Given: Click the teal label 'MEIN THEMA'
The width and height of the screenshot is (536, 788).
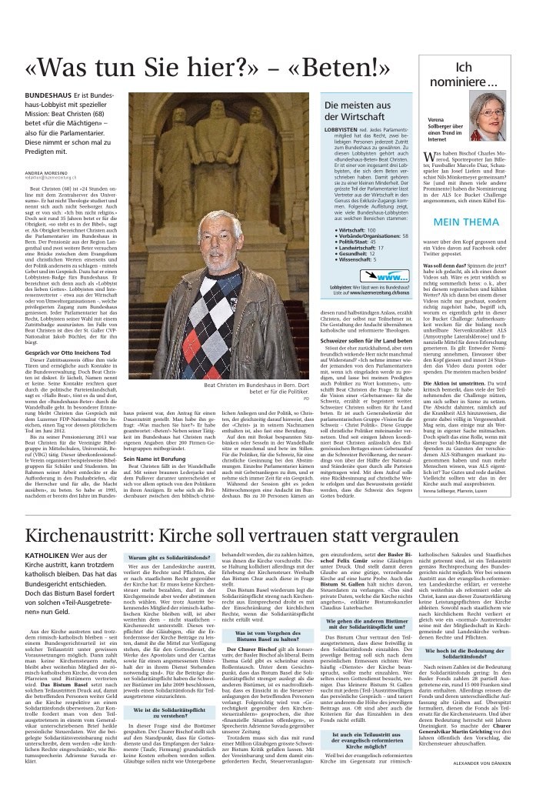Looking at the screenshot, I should tap(468, 222).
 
